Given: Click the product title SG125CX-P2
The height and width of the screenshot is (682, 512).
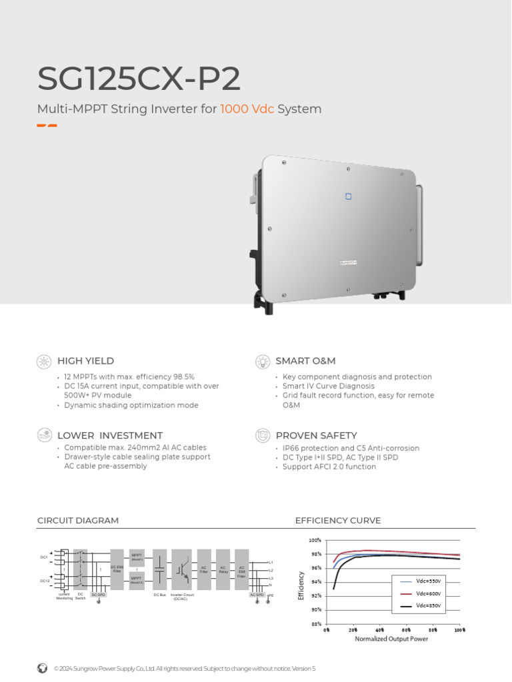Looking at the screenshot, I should pyautogui.click(x=139, y=79).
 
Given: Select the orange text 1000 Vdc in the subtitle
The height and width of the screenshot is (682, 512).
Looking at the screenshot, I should pyautogui.click(x=247, y=109).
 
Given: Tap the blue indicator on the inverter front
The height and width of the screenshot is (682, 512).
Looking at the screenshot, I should pyautogui.click(x=347, y=196).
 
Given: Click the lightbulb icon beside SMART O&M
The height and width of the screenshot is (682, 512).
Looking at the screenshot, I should pyautogui.click(x=263, y=361).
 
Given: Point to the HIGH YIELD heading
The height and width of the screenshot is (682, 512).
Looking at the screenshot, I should pyautogui.click(x=85, y=361).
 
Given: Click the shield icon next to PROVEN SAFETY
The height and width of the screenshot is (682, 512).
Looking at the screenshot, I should pyautogui.click(x=263, y=436).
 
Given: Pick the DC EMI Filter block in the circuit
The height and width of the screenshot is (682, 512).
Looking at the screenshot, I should pyautogui.click(x=117, y=569).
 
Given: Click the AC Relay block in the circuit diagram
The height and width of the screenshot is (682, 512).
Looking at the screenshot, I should pyautogui.click(x=223, y=569).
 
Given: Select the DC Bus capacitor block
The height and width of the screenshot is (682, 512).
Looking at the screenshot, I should pyautogui.click(x=160, y=569).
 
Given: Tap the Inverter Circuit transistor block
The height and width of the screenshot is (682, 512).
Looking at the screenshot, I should pyautogui.click(x=181, y=569).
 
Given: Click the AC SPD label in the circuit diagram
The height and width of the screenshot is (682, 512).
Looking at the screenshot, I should pyautogui.click(x=257, y=595).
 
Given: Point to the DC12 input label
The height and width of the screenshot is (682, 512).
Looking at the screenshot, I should pyautogui.click(x=44, y=581).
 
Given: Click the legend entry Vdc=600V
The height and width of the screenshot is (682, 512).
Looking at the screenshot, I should pyautogui.click(x=429, y=593).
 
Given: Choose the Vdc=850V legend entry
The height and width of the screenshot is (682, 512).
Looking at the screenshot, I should pyautogui.click(x=429, y=606).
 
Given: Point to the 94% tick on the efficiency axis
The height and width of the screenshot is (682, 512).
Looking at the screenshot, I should pyautogui.click(x=316, y=582).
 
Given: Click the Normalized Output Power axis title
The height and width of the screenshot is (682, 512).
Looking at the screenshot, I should pyautogui.click(x=391, y=639).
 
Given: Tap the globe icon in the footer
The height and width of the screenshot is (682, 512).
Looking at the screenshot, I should pyautogui.click(x=43, y=668).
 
